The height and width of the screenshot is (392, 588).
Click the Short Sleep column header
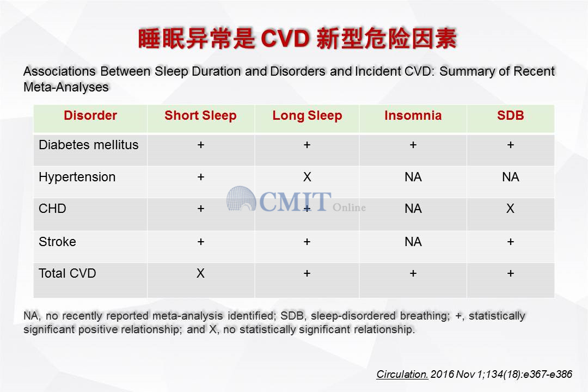pos(200,115)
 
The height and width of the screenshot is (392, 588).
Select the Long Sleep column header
pos(307,115)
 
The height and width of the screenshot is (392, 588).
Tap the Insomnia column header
pos(413,115)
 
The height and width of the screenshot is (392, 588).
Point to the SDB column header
pos(510,115)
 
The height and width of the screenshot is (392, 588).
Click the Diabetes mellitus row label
pos(89,145)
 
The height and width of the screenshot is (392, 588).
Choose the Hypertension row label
pos(77,177)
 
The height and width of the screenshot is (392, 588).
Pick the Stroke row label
pos(57,242)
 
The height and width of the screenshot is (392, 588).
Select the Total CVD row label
pos(67,273)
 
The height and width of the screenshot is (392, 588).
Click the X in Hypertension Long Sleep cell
pos(307,177)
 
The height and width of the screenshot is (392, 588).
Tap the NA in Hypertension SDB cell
pos(510,177)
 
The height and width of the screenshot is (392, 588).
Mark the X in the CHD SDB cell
pos(510,209)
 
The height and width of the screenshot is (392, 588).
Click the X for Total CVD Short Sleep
pos(200,273)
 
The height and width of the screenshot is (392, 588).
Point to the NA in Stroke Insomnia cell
pos(413,242)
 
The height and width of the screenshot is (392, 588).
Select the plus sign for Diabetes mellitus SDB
pos(510,145)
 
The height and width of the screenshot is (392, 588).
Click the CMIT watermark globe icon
pos(241,198)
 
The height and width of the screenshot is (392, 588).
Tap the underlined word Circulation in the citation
pos(402,374)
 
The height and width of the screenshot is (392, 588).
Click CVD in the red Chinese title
pos(285,39)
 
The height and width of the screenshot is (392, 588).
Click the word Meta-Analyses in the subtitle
pos(66,87)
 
